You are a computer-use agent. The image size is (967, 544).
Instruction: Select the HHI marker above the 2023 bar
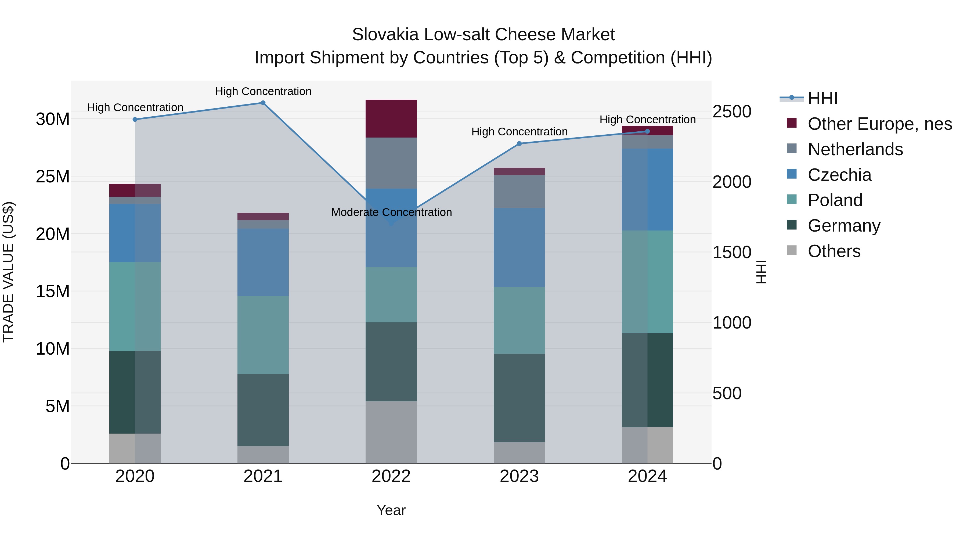(x=519, y=143)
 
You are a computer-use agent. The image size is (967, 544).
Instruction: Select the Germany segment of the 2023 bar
(x=519, y=398)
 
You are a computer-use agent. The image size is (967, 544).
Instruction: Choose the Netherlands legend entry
(x=855, y=149)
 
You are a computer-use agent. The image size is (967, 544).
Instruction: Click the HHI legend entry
(x=822, y=98)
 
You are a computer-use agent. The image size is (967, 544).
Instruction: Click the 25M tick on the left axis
(x=53, y=176)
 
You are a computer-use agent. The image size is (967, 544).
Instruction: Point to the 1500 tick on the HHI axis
(x=732, y=252)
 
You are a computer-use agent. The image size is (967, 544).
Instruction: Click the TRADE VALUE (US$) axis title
(x=8, y=272)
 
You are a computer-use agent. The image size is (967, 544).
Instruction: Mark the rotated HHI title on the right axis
(x=761, y=272)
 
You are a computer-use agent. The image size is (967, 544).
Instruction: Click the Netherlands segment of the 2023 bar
(x=519, y=192)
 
